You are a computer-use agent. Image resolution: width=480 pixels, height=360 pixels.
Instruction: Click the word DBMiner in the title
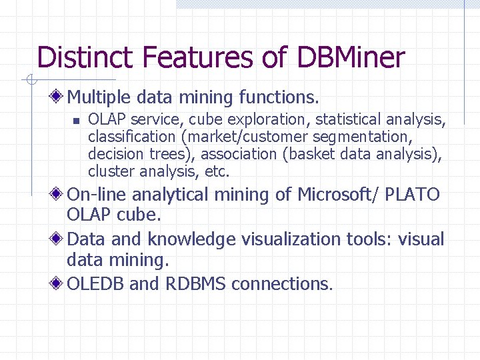point(351,58)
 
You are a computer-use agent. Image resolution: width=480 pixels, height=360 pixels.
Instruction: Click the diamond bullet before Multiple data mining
point(59,98)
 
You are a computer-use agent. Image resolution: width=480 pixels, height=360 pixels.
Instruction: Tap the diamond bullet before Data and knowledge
point(59,239)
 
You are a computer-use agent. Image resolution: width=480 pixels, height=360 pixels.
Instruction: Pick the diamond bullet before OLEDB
point(59,284)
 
